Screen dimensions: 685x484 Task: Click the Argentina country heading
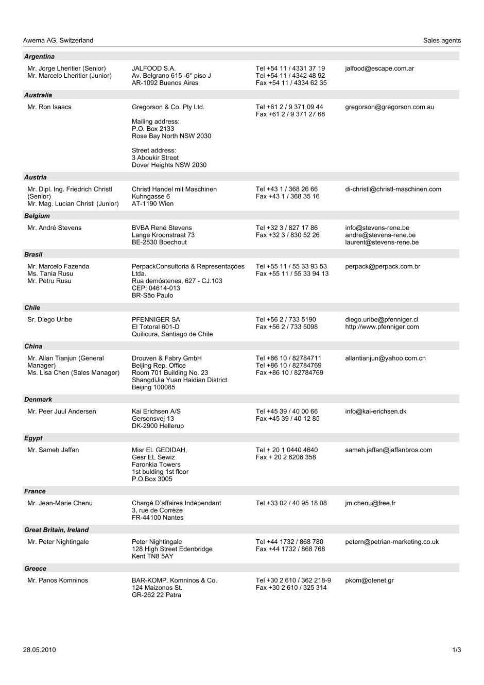tap(39, 57)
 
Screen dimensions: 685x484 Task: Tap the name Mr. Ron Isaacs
tap(49, 107)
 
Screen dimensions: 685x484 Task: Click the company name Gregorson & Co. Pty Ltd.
tap(168, 107)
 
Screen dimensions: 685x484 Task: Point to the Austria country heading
tap(35, 177)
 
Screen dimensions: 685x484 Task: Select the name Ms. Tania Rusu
tap(50, 273)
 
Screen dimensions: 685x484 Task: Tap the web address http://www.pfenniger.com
tap(382, 327)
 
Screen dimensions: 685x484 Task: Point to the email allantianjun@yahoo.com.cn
tap(385, 358)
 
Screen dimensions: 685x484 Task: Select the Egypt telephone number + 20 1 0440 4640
tap(287, 450)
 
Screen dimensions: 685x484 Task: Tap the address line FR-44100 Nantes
tap(158, 518)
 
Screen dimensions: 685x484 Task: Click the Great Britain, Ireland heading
tap(56, 529)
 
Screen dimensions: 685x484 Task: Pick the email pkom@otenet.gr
tap(369, 580)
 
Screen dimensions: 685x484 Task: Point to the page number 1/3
tap(456, 649)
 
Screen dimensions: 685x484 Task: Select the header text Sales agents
tap(442, 40)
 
